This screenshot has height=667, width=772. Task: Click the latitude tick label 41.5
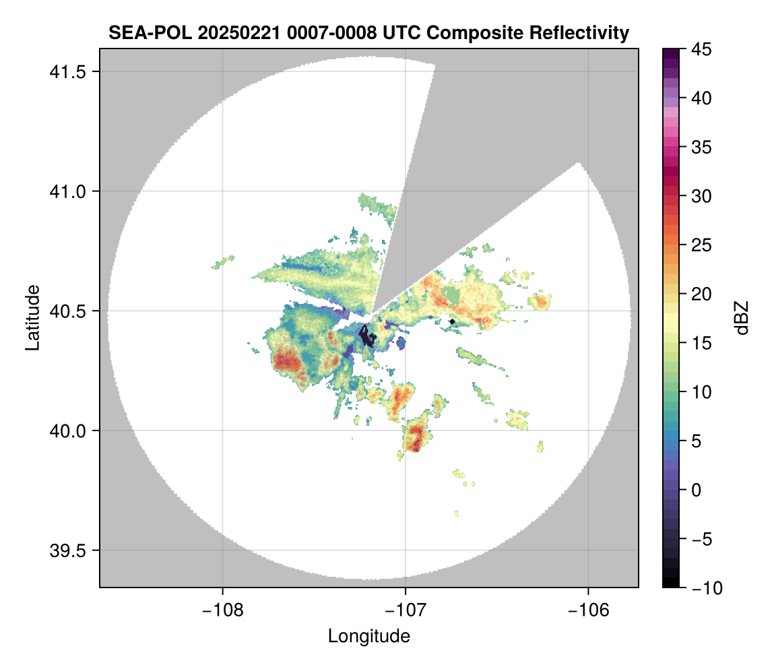click(x=67, y=72)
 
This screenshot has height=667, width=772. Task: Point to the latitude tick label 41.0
click(x=67, y=191)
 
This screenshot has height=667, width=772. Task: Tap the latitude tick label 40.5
click(x=67, y=311)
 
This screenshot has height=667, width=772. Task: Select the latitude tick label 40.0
click(x=67, y=431)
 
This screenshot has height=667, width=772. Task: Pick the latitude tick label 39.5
click(x=67, y=550)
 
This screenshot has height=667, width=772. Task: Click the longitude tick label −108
click(x=222, y=610)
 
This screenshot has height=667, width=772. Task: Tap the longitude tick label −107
click(x=406, y=610)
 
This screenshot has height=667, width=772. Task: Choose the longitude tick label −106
click(x=589, y=610)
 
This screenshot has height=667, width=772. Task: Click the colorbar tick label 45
click(x=701, y=49)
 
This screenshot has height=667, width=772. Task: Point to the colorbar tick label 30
click(x=701, y=197)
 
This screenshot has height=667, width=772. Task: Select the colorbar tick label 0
click(x=696, y=490)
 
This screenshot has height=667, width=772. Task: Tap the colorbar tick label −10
click(x=707, y=587)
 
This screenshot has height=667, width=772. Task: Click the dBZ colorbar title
click(x=742, y=318)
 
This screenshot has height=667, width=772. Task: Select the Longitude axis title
click(x=368, y=636)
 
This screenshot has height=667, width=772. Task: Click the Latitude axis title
click(x=32, y=317)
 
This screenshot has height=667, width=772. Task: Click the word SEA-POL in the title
click(x=150, y=33)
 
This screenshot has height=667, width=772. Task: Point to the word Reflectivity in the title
click(x=579, y=33)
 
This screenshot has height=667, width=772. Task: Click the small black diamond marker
click(x=452, y=321)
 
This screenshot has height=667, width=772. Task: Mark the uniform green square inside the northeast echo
click(x=451, y=296)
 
